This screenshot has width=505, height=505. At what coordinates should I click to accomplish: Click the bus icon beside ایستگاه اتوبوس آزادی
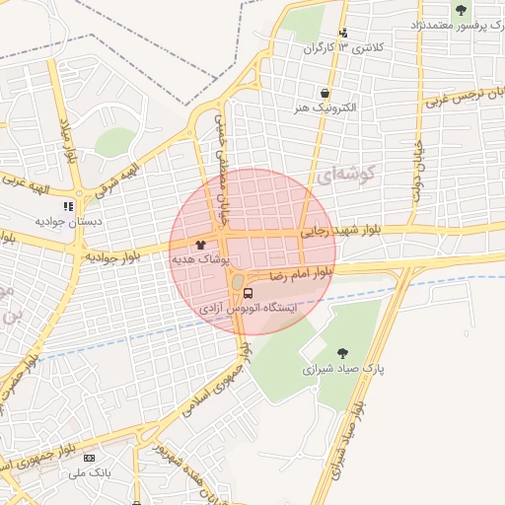click(248, 293)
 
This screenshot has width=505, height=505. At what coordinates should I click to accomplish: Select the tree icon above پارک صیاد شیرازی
click(342, 352)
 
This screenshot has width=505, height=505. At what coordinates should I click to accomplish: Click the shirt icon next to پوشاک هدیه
click(201, 244)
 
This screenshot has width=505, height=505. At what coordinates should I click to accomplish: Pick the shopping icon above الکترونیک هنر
click(325, 92)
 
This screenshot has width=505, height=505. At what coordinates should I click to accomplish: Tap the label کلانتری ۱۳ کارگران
click(361, 47)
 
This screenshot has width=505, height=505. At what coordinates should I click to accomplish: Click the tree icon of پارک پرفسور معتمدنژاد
click(461, 10)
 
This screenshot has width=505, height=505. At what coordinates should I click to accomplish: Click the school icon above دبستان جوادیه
click(68, 207)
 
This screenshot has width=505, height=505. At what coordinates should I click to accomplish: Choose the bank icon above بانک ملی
click(90, 459)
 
